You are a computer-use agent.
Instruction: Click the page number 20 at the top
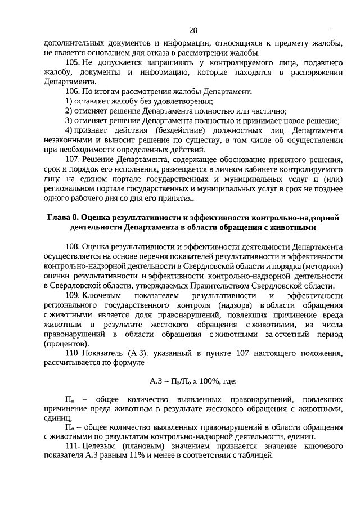click(x=193, y=30)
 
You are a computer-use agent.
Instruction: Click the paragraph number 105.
click(x=73, y=61)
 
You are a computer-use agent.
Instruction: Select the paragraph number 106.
click(x=73, y=91)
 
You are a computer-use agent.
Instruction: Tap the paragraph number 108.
click(x=73, y=246)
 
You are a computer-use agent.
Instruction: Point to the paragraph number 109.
click(x=73, y=295)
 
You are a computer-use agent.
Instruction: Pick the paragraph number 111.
click(x=73, y=446)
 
